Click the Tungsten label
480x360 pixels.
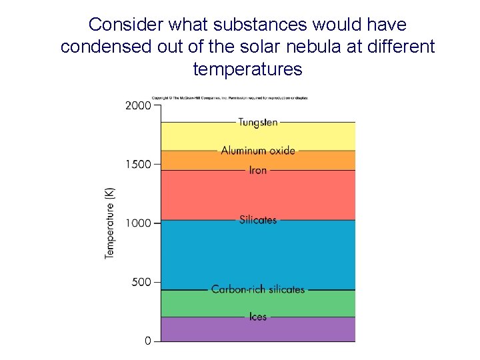click(258, 122)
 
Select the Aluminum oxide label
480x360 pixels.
click(258, 151)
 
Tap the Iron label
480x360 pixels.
click(258, 170)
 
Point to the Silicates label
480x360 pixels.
click(258, 219)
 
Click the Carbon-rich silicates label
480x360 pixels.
click(258, 289)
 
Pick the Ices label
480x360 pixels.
click(258, 317)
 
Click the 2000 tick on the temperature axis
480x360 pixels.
click(139, 105)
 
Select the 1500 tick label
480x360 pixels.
click(139, 164)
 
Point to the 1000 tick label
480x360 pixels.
click(139, 223)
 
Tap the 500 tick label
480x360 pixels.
click(141, 282)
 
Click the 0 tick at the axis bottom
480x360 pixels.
click(148, 341)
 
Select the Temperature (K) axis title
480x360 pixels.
click(110, 223)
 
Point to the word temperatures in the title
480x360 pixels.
click(247, 69)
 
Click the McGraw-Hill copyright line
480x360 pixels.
click(230, 98)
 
